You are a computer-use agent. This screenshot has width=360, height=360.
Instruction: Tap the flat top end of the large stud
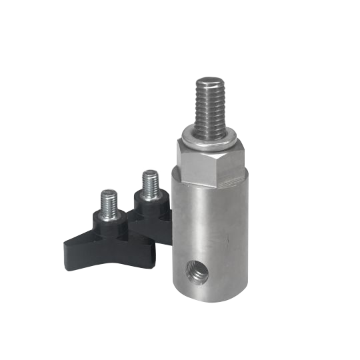[x=209, y=80]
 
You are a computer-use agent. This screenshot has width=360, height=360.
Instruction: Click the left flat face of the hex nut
[x=195, y=164]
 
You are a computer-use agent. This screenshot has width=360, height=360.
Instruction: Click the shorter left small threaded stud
[x=109, y=203]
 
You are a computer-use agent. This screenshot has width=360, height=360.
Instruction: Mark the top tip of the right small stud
[x=149, y=171]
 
